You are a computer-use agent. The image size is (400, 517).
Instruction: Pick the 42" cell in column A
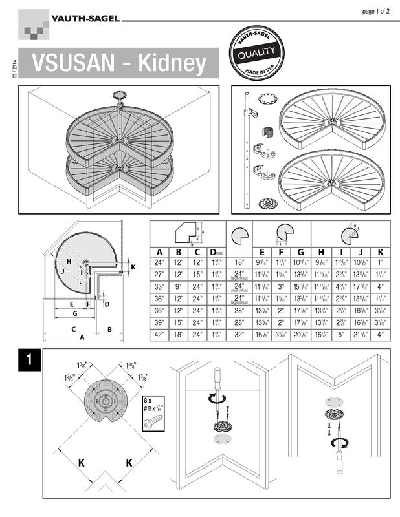159,334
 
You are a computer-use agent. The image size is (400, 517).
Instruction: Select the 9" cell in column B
179,286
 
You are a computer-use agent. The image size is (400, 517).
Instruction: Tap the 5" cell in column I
340,334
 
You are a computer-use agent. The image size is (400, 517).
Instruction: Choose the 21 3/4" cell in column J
361,334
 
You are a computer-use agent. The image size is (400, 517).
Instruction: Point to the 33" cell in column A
159,286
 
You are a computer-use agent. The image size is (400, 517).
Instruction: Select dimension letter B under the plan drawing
109,329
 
